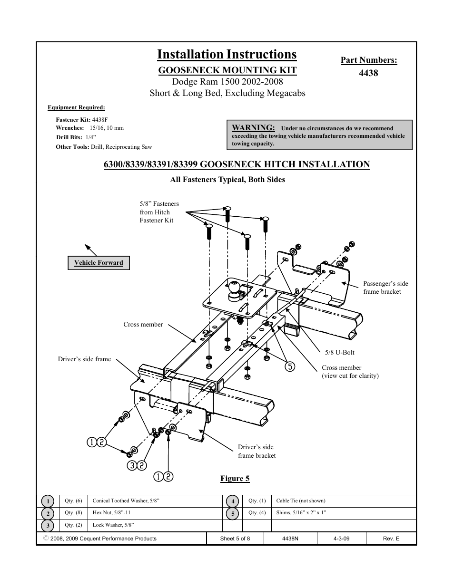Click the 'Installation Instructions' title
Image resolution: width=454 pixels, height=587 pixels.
pyautogui.click(x=227, y=55)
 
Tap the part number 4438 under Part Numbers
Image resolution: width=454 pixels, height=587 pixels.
pyautogui.click(x=368, y=73)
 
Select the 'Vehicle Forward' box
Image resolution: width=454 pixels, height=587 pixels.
pyautogui.click(x=99, y=263)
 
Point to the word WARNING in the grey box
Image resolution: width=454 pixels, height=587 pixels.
pyautogui.click(x=253, y=127)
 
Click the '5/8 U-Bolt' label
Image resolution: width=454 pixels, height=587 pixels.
pyautogui.click(x=339, y=352)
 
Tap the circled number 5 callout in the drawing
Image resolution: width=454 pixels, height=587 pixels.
pyautogui.click(x=290, y=366)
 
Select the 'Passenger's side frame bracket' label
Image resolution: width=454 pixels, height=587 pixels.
pyautogui.click(x=385, y=288)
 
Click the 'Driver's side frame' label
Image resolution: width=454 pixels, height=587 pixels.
pyautogui.click(x=84, y=359)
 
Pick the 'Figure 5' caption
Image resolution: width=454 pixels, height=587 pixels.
pyautogui.click(x=235, y=479)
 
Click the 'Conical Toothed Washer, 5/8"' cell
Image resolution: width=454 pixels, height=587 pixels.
pyautogui.click(x=126, y=501)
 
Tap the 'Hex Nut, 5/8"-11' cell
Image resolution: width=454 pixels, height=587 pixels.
pyautogui.click(x=112, y=513)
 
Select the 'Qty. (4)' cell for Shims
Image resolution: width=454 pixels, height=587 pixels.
pyautogui.click(x=257, y=513)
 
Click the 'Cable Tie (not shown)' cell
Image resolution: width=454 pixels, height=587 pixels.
pyautogui.click(x=301, y=501)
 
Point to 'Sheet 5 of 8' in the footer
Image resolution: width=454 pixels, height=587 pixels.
pyautogui.click(x=235, y=539)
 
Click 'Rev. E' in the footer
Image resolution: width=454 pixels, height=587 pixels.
pyautogui.click(x=391, y=539)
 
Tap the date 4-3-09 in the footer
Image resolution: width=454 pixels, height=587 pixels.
pyautogui.click(x=342, y=539)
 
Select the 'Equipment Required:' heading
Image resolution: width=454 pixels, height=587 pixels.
pyautogui.click(x=76, y=107)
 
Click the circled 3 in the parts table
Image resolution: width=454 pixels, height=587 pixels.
pyautogui.click(x=48, y=526)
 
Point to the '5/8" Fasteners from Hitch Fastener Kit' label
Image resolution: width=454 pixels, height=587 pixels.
pyautogui.click(x=159, y=212)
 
